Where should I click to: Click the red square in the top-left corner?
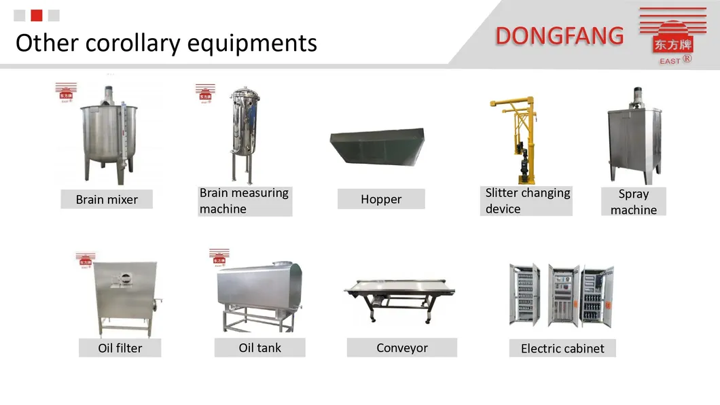click(37, 16)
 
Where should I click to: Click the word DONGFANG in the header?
click(559, 36)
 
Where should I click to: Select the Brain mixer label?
click(107, 199)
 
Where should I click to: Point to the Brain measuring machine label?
click(245, 200)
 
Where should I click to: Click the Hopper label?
click(381, 199)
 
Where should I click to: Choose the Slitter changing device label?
click(526, 200)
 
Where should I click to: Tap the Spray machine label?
click(634, 202)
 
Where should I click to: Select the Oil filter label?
click(120, 348)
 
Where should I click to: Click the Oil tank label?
click(260, 348)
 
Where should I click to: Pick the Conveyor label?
click(402, 348)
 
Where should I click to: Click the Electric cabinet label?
click(562, 348)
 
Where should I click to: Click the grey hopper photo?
click(378, 146)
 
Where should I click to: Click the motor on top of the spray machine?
click(637, 97)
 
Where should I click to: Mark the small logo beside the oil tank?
click(219, 257)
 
